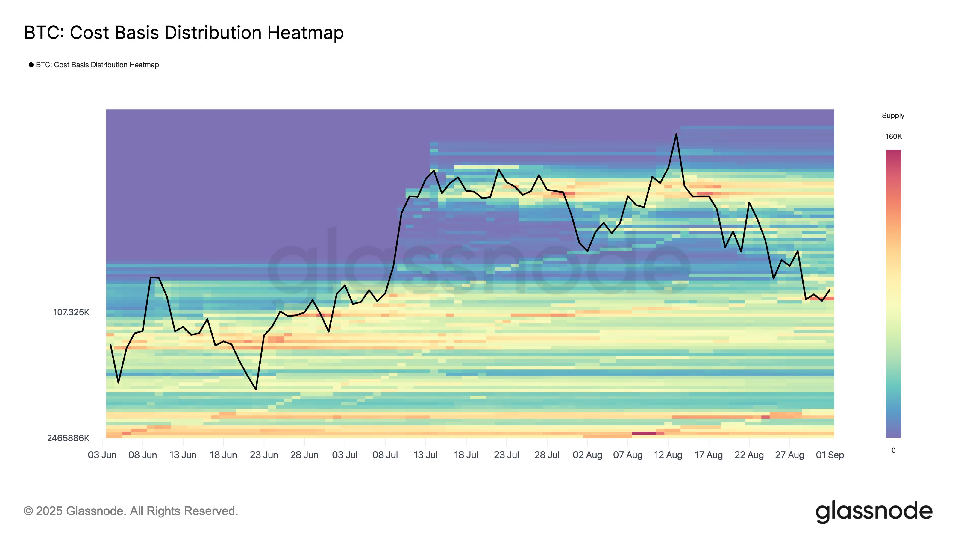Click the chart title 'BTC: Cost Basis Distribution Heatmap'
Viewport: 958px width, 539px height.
point(184,33)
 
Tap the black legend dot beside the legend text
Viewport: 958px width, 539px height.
point(31,65)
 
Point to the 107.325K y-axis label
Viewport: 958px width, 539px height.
point(71,312)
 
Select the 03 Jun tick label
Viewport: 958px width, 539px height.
point(102,455)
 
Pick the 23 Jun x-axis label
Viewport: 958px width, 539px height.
point(264,455)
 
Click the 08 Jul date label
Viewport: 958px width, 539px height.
point(385,455)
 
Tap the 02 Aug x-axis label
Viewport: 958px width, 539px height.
point(587,455)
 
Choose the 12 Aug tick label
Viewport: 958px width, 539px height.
point(668,455)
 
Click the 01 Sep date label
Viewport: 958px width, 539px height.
point(830,455)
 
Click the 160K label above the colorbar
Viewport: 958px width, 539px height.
point(893,137)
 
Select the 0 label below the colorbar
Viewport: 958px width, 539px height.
point(893,450)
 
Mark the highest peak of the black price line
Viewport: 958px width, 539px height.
point(676,134)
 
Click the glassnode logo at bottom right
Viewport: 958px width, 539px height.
point(874,511)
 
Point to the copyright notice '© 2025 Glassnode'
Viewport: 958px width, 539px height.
point(131,511)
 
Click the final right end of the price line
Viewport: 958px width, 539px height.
point(830,290)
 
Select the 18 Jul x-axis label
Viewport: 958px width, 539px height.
point(466,455)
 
